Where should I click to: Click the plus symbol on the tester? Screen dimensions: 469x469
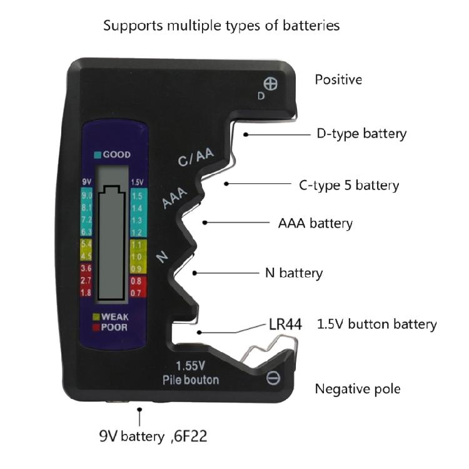[x=271, y=83]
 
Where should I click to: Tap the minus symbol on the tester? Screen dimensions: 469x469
[x=273, y=378]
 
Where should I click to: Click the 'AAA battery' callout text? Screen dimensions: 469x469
[x=315, y=223]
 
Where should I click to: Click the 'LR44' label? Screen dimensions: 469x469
[x=285, y=325]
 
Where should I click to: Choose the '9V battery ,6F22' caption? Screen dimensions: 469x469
[x=153, y=436]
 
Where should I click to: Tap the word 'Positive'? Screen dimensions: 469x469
[x=338, y=80]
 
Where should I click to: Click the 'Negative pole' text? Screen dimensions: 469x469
[x=358, y=389]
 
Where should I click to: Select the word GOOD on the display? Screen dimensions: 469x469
[x=116, y=154]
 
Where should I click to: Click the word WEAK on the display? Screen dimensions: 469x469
[x=114, y=317]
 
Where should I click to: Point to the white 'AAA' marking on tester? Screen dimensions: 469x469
[x=175, y=198]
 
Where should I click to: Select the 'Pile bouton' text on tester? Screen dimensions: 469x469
[x=190, y=380]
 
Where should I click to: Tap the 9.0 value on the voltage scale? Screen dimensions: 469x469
[x=87, y=196]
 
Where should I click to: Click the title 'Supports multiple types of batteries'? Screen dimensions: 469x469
[x=221, y=26]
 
